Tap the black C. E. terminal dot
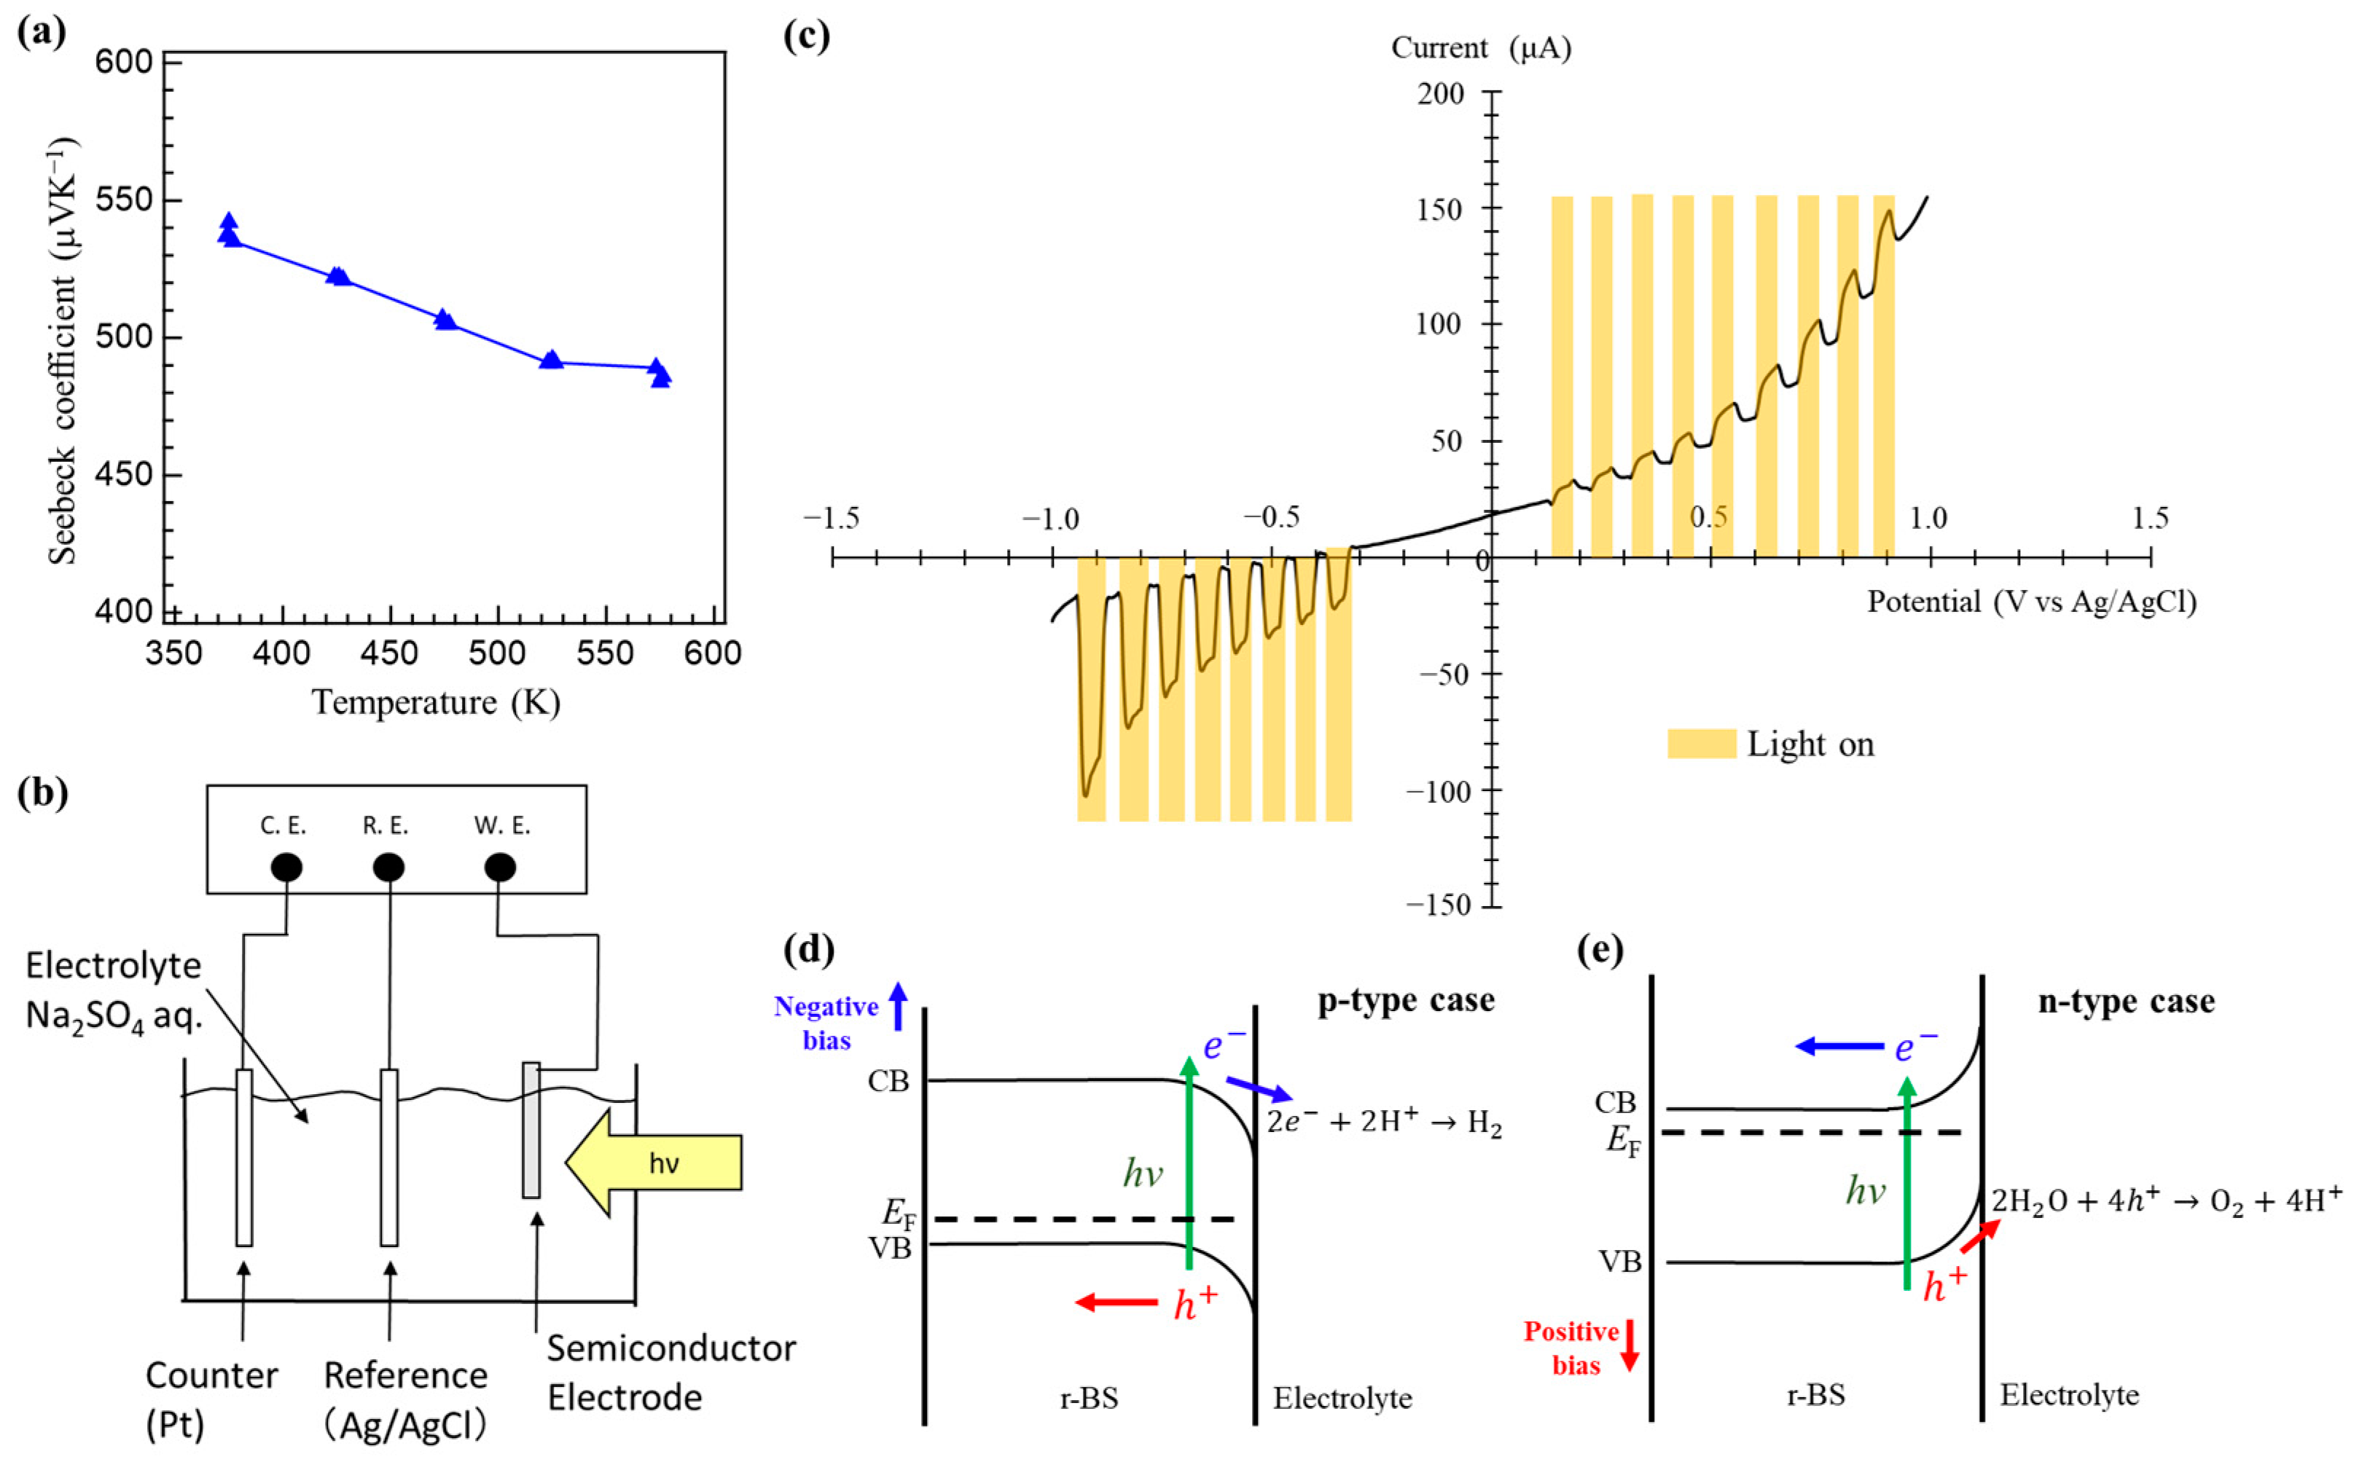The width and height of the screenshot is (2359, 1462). click(286, 868)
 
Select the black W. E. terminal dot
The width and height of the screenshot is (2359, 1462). click(500, 868)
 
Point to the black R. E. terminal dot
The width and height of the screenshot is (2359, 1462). click(389, 868)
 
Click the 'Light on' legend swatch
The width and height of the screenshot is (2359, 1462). click(1702, 744)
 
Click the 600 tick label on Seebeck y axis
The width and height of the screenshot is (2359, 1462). click(124, 62)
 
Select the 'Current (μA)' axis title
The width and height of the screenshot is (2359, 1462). click(1481, 47)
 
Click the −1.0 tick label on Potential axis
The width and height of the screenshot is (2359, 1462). click(1050, 519)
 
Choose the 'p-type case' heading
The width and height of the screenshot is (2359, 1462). click(1405, 1000)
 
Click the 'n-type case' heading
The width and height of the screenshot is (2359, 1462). click(2126, 1001)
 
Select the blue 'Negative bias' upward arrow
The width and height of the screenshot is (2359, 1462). click(899, 1005)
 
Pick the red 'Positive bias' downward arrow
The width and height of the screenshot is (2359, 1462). click(1630, 1345)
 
